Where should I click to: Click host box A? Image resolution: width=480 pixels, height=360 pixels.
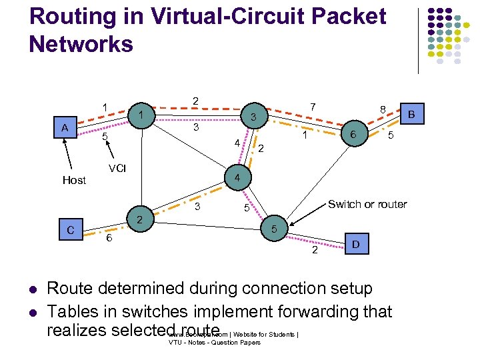tap(65, 127)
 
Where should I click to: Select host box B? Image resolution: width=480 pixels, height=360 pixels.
tap(411, 114)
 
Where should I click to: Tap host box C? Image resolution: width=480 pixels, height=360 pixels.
tap(70, 231)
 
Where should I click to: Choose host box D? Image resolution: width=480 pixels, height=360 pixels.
tap(355, 245)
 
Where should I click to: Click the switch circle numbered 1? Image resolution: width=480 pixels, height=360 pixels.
tap(141, 115)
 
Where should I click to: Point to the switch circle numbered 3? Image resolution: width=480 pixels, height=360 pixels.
tap(253, 117)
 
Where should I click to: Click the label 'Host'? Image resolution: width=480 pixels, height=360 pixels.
tap(74, 180)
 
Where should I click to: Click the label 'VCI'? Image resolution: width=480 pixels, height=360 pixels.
tap(117, 169)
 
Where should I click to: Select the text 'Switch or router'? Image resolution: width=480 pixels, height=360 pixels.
tap(367, 204)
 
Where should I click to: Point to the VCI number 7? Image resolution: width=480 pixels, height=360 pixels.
tap(313, 105)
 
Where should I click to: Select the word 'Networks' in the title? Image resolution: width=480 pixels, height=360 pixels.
tap(81, 44)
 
